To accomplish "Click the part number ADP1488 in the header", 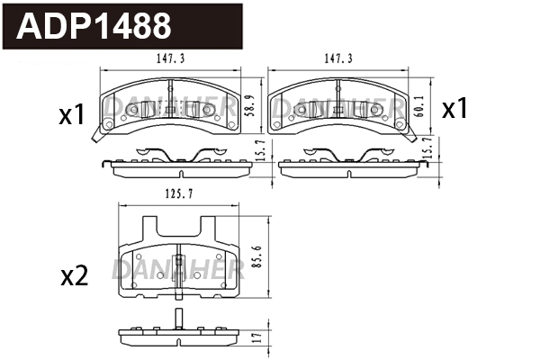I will pyautogui.click(x=94, y=25).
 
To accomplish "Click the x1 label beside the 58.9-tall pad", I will pyautogui.click(x=71, y=115).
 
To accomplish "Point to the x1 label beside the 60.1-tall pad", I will pyautogui.click(x=454, y=110).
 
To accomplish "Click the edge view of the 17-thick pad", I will pyautogui.click(x=179, y=339).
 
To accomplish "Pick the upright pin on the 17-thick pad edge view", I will pyautogui.click(x=179, y=319).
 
